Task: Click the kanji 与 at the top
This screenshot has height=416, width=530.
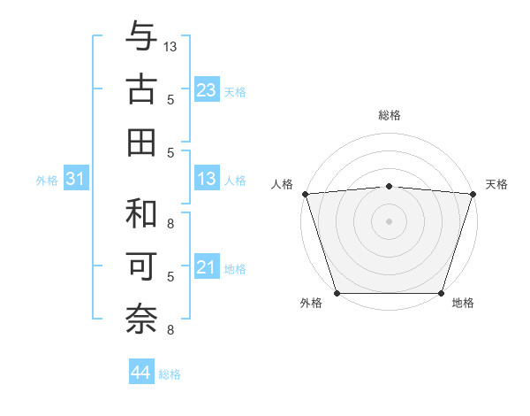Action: (x=141, y=37)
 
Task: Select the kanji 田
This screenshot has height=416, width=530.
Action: (x=141, y=143)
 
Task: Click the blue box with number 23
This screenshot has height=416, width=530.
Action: (x=206, y=90)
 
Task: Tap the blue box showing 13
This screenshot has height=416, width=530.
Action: (x=206, y=180)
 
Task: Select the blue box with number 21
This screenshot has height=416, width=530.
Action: (x=206, y=268)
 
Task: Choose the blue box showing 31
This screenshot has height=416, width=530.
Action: (x=76, y=180)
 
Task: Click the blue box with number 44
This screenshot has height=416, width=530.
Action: (x=140, y=374)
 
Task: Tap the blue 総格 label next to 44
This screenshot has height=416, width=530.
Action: (x=170, y=374)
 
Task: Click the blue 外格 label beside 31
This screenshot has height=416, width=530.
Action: (x=47, y=181)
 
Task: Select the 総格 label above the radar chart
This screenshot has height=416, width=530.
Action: (x=389, y=116)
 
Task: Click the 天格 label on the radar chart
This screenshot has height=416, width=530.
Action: (x=496, y=184)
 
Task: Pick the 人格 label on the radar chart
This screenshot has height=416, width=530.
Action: (x=282, y=184)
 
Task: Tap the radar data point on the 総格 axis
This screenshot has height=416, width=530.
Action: (x=389, y=186)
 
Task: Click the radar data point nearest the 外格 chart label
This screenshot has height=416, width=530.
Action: (x=337, y=292)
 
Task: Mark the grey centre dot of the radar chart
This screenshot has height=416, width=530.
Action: (x=389, y=220)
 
